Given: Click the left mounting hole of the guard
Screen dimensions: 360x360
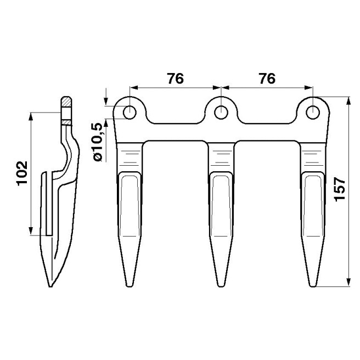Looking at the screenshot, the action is point(130,113).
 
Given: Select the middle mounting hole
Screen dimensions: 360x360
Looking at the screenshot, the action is point(221,113).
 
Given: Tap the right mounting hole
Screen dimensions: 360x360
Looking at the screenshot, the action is point(313,113).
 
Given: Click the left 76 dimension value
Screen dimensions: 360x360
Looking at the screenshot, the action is point(176,79).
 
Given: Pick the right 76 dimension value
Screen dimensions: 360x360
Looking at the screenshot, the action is point(267,79).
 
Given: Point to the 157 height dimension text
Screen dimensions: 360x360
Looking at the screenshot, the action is point(340,189).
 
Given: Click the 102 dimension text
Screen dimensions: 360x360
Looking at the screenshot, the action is point(22,173).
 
